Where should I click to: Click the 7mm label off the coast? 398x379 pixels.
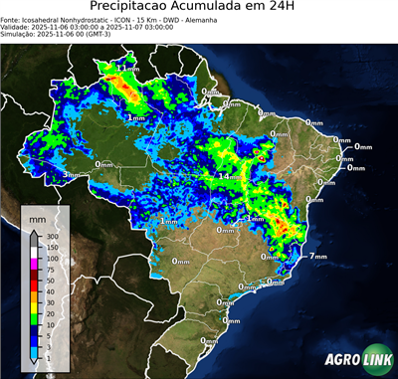point(318,257)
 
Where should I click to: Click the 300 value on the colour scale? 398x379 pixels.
point(51,236)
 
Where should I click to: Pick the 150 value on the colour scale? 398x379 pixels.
point(51,247)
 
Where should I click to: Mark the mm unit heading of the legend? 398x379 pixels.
point(37,216)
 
